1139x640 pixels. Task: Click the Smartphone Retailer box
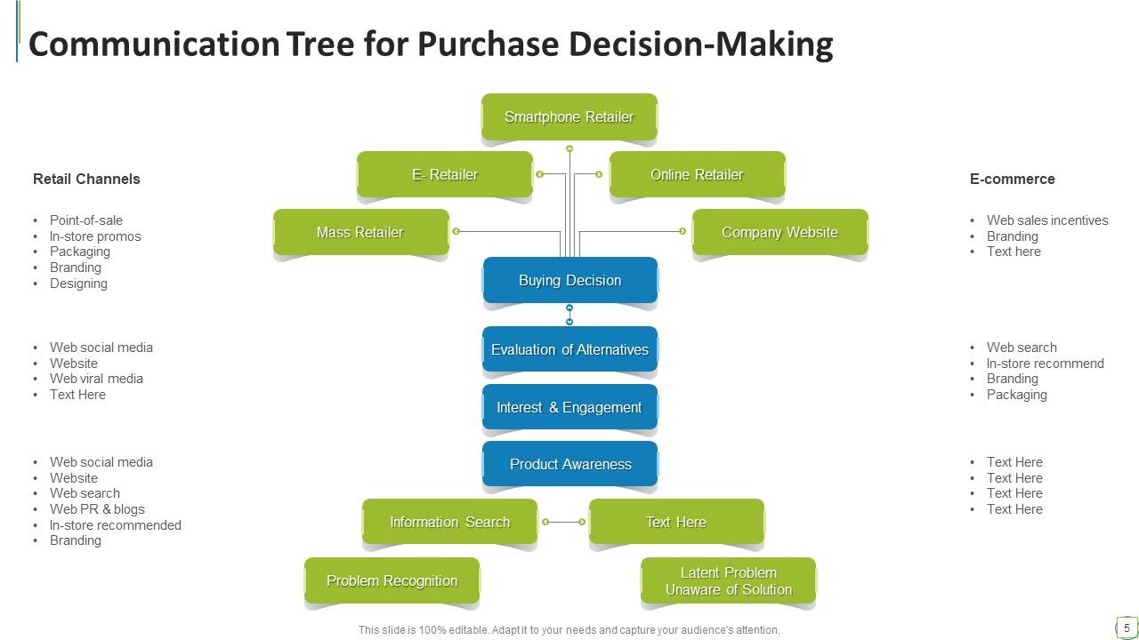(x=569, y=116)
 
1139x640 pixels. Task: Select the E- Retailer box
(x=445, y=174)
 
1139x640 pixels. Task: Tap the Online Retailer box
(x=697, y=174)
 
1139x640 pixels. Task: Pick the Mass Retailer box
(x=360, y=232)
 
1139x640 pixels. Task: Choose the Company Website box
(x=780, y=232)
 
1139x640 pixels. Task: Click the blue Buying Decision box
(x=569, y=280)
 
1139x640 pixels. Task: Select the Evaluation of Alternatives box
(x=569, y=349)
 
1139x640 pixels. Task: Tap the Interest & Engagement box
(x=569, y=407)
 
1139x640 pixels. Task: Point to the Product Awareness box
(x=569, y=464)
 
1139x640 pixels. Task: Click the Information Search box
(x=449, y=522)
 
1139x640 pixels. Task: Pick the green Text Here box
(x=676, y=522)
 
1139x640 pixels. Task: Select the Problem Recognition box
(x=392, y=580)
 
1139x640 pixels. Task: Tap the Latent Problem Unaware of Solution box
(x=728, y=580)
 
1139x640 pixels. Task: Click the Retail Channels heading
(x=86, y=179)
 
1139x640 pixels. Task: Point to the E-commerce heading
(x=1012, y=179)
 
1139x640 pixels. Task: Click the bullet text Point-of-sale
(x=86, y=220)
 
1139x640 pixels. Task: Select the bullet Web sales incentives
(x=1047, y=220)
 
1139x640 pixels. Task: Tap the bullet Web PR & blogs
(x=97, y=509)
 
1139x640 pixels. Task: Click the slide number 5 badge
(x=1127, y=628)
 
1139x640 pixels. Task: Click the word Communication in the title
(x=154, y=44)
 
